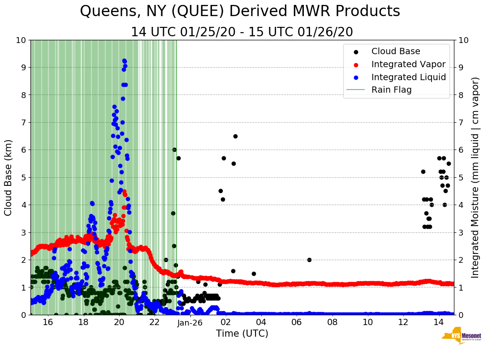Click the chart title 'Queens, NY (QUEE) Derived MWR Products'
coord(240,11)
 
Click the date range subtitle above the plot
coord(242,32)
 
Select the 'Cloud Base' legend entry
coord(396,51)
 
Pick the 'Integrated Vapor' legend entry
coord(408,64)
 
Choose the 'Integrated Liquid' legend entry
coord(408,77)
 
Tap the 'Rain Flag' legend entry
coord(391,90)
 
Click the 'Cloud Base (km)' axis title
coord(9,177)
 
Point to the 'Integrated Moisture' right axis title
coord(475,177)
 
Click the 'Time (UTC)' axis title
coord(242,334)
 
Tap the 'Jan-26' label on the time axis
coord(190,322)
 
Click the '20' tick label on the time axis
coord(119,322)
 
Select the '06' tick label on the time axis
coord(297,322)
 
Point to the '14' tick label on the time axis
coord(439,322)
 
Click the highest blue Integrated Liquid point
coord(124,60)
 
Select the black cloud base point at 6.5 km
coord(235,136)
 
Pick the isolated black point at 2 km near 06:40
coord(309,260)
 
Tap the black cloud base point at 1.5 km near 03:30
coord(254,274)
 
